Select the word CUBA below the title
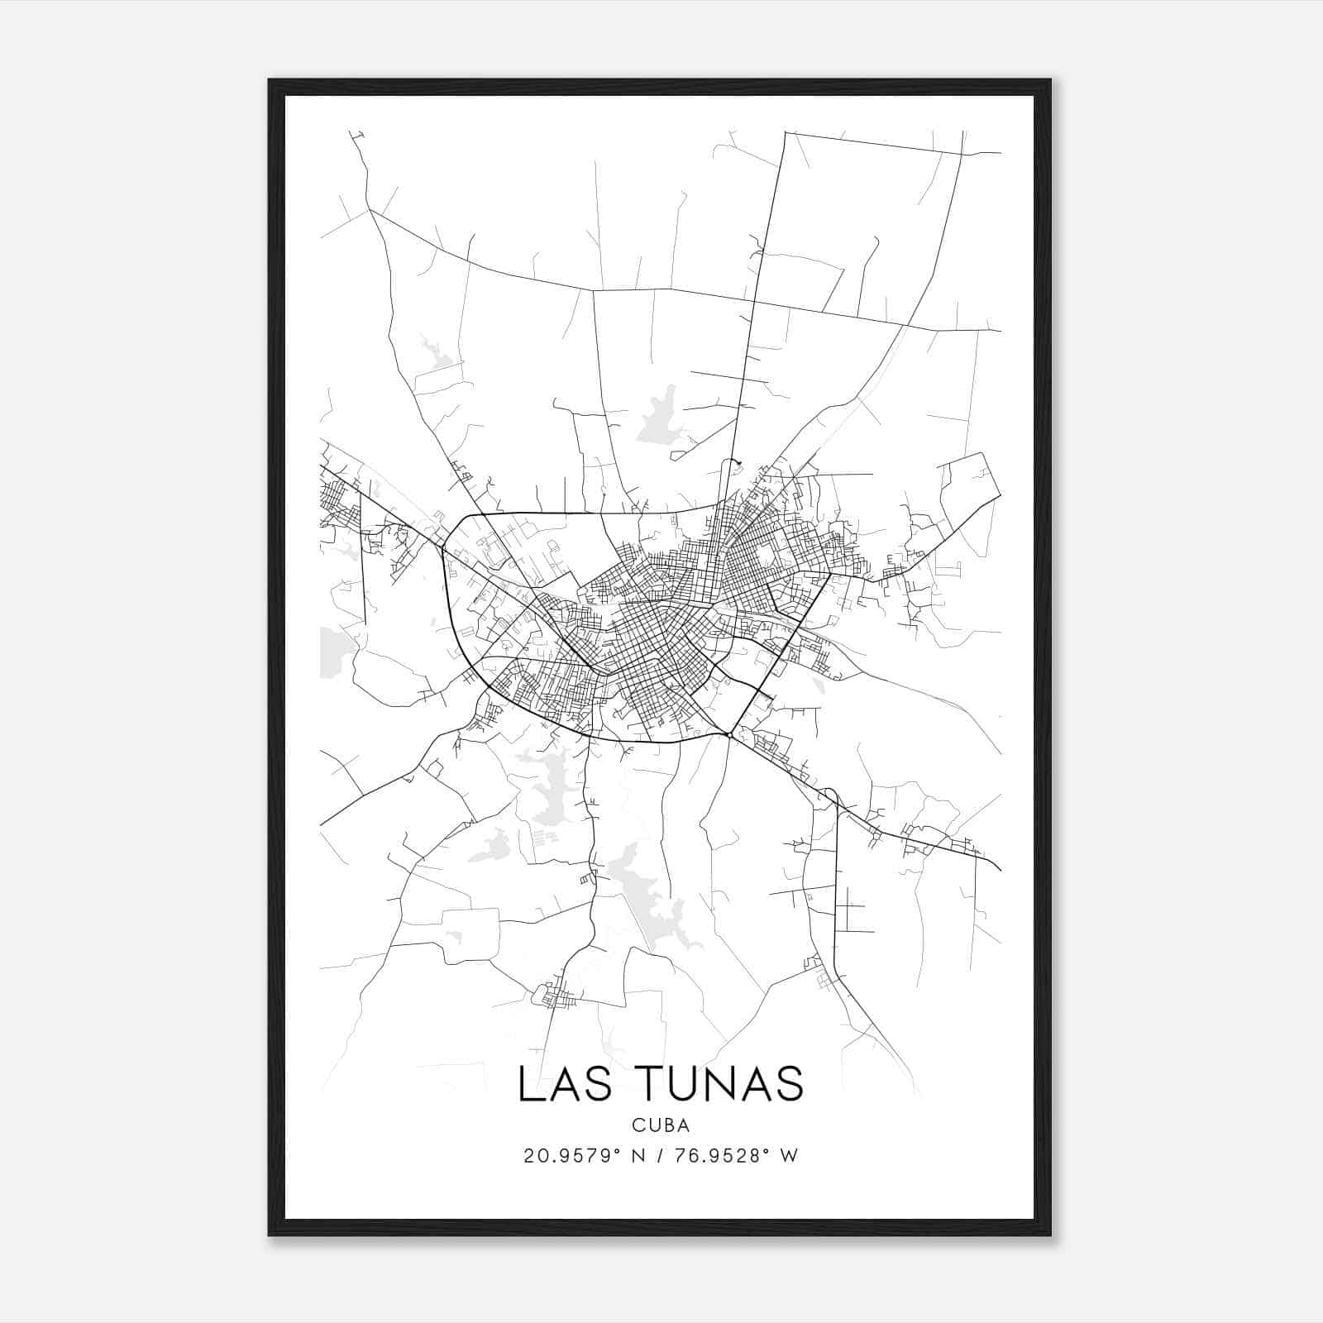click(x=661, y=1125)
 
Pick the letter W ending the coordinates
click(x=789, y=1156)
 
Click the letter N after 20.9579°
click(x=638, y=1156)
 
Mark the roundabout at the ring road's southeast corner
click(x=728, y=734)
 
